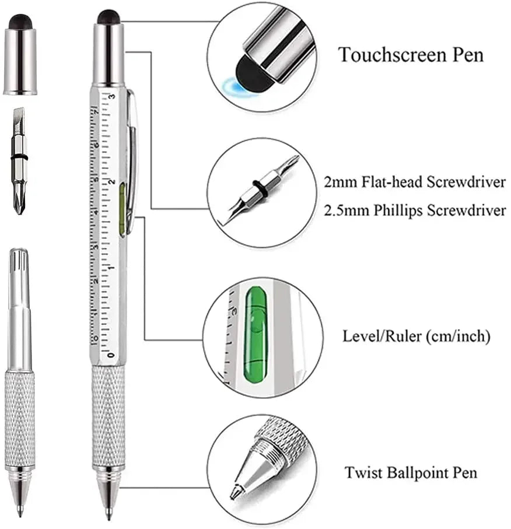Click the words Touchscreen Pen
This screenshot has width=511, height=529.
click(x=411, y=55)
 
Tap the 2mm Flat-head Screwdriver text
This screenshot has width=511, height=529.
click(x=415, y=182)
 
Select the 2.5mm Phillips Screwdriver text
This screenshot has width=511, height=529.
click(x=415, y=211)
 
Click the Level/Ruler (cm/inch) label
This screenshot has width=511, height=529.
click(x=416, y=337)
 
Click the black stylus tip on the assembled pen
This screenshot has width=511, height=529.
click(x=109, y=16)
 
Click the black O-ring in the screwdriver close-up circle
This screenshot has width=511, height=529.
click(x=256, y=191)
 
